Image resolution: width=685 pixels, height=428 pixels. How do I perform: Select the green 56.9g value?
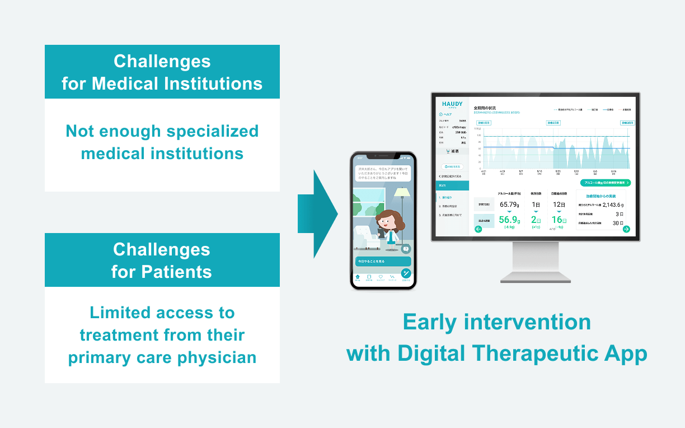509,220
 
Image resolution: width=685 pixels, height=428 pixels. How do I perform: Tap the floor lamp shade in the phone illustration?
402,192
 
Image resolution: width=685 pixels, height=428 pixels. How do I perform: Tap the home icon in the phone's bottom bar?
358,277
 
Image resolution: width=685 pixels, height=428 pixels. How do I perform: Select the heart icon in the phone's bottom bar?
381,277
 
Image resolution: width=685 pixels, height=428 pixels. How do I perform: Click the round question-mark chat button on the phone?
406,249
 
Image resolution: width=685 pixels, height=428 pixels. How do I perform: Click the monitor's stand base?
536,277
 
